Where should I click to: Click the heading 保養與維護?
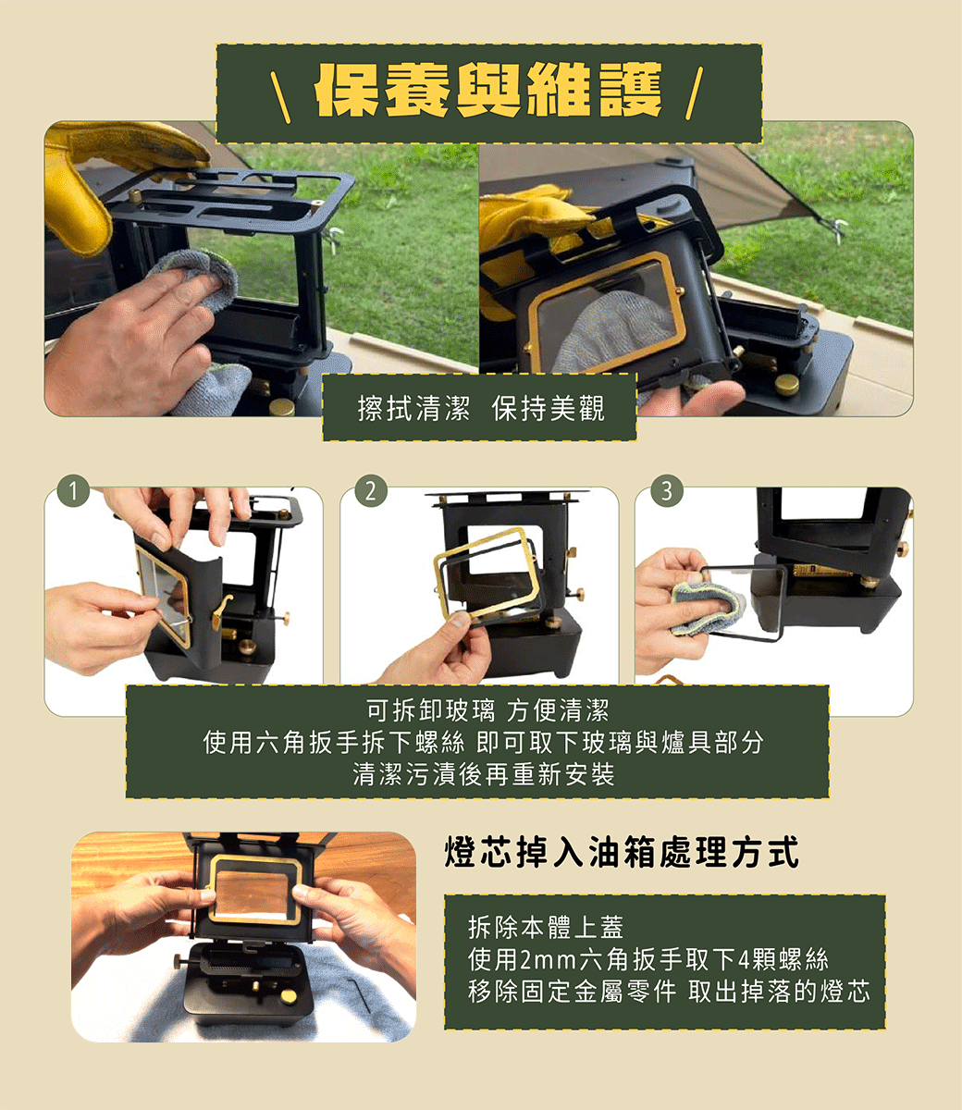tap(488, 91)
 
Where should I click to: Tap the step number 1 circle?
tap(73, 490)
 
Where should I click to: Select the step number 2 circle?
tap(371, 490)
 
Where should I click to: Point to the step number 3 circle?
tap(667, 490)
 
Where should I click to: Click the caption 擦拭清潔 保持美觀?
tap(481, 408)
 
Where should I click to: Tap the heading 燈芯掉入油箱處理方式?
tap(622, 852)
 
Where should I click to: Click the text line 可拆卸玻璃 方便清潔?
tap(487, 710)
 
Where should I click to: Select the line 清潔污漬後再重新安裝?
tap(484, 774)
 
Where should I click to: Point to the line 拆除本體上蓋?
tap(546, 927)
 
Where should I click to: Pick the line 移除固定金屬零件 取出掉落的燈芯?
tap(669, 992)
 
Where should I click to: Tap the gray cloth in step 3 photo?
tap(708, 607)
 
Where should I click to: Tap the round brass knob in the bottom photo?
tap(289, 996)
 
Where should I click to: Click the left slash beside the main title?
tap(280, 96)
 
